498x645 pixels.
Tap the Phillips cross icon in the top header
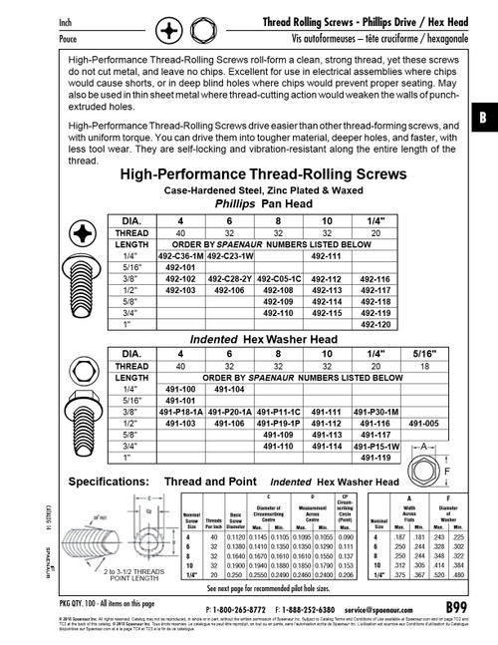171,31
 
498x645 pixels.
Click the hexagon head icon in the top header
206,31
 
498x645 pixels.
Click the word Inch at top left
44,21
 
